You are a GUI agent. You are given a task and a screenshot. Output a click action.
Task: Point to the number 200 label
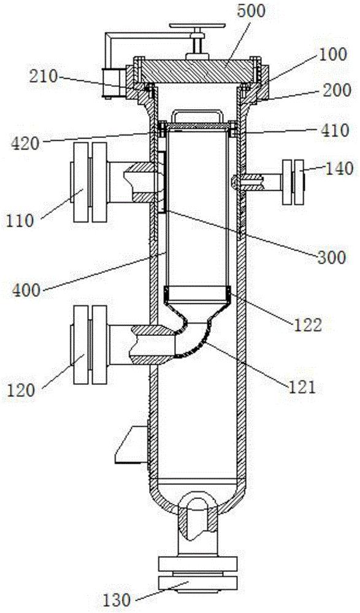pos(335,91)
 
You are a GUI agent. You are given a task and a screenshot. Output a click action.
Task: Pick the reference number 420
pos(25,143)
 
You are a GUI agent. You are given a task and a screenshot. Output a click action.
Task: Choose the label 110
pos(20,221)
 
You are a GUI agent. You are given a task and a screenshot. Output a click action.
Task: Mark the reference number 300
pos(331,257)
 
